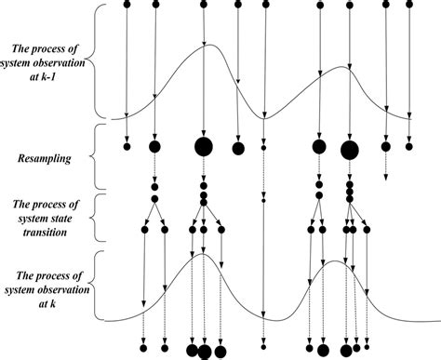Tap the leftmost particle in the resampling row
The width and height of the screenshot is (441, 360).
point(127,145)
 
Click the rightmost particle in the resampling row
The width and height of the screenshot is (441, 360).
point(409,145)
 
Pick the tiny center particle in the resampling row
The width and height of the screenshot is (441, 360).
point(264,147)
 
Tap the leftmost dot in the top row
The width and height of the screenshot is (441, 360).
point(127,4)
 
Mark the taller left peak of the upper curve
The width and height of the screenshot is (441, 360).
point(207,45)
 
